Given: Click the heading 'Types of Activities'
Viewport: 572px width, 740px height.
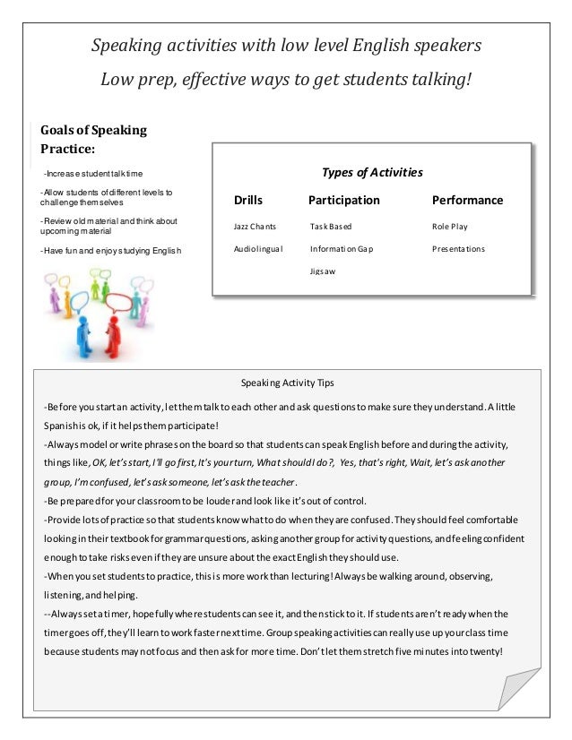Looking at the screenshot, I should tap(371, 172).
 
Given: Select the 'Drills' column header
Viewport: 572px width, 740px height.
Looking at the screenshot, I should tap(248, 201).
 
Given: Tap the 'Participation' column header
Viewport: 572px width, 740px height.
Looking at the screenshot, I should tap(343, 201).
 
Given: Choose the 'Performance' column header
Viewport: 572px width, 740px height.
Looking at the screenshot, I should tap(467, 201).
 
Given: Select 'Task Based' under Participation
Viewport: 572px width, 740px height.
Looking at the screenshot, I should tap(331, 227).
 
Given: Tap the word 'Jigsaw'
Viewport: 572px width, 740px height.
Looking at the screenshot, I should tap(323, 270).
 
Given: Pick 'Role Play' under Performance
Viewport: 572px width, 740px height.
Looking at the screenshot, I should tap(450, 227).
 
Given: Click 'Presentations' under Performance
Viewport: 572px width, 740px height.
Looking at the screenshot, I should tap(458, 248).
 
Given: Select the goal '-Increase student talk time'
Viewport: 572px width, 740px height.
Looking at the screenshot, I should tap(92, 173).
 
